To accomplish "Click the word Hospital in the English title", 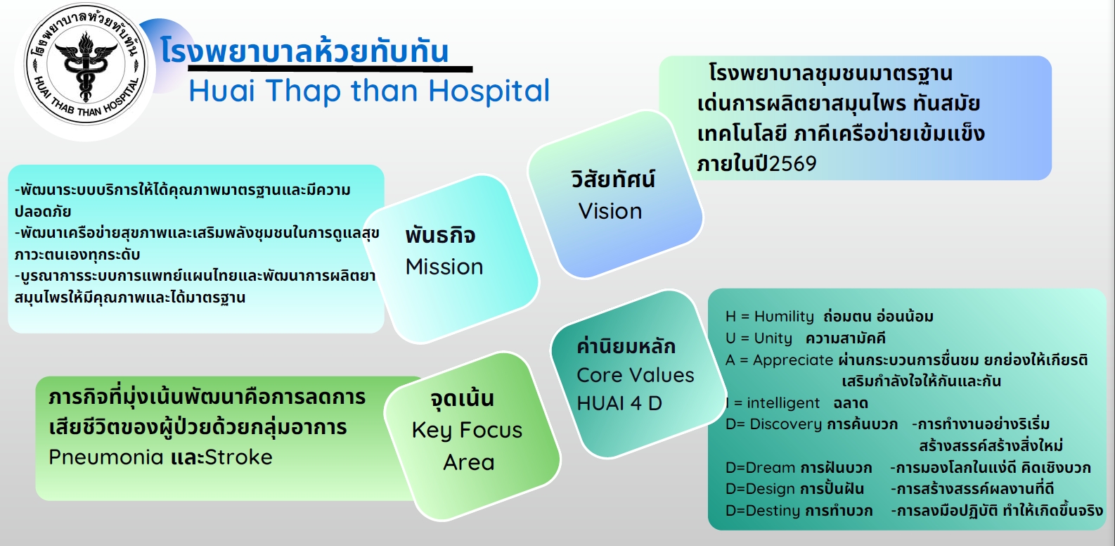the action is [489, 91].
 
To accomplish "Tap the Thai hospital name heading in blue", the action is [304, 51].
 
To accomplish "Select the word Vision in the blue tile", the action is [610, 211].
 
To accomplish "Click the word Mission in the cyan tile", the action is [444, 267].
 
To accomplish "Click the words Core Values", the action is [635, 375].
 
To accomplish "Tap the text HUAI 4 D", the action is [619, 404].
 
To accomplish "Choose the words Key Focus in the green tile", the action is [467, 431].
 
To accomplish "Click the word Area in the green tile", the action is [469, 463].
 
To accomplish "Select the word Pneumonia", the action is [106, 457].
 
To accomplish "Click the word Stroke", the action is [239, 457].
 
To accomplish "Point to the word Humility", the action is [784, 317].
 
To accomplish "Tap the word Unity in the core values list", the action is [773, 338].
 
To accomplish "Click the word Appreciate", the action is [793, 360].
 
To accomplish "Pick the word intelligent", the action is [783, 403].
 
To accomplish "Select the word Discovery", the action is [786, 424].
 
